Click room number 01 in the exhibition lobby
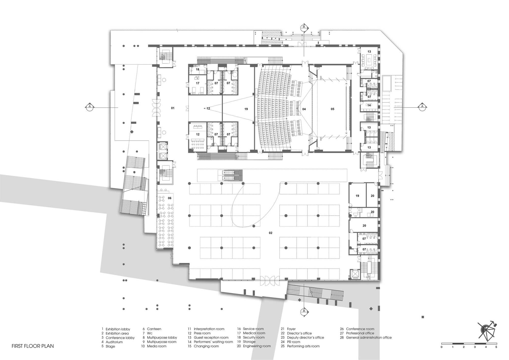pyautogui.click(x=173, y=108)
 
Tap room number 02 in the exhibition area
pyautogui.click(x=271, y=233)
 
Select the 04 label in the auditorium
pyautogui.click(x=304, y=109)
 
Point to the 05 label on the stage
pyautogui.click(x=332, y=109)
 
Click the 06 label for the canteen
pyautogui.click(x=169, y=198)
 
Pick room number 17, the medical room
pyautogui.click(x=197, y=83)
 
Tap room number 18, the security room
pyautogui.click(x=197, y=69)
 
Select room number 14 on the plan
pyautogui.click(x=369, y=105)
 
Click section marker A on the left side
pyautogui.click(x=89, y=107)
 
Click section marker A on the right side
pyautogui.click(x=422, y=107)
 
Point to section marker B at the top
pyautogui.click(x=304, y=27)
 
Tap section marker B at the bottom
pyautogui.click(x=304, y=311)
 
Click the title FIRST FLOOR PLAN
pyautogui.click(x=33, y=346)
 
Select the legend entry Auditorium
pyautogui.click(x=114, y=342)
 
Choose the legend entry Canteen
pyautogui.click(x=154, y=329)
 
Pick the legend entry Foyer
pyautogui.click(x=291, y=329)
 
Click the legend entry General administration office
pyautogui.click(x=369, y=338)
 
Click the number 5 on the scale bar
pyautogui.click(x=496, y=347)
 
